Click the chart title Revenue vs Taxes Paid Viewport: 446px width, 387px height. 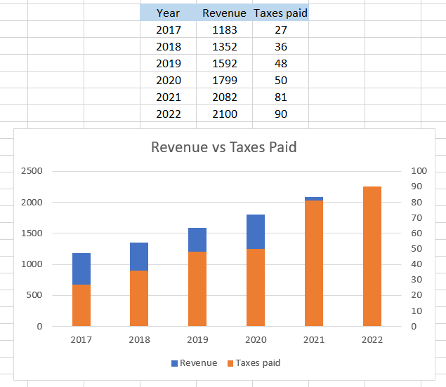click(223, 147)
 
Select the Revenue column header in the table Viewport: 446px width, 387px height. click(224, 13)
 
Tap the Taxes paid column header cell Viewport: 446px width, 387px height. click(280, 13)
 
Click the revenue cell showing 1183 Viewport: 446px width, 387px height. click(224, 30)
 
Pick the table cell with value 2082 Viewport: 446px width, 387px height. click(224, 97)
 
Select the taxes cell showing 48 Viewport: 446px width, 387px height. click(280, 64)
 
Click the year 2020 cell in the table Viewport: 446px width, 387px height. click(168, 81)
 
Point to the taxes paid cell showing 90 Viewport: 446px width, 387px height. click(280, 114)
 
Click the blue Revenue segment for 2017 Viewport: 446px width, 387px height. click(81, 269)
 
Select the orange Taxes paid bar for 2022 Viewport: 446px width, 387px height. click(372, 256)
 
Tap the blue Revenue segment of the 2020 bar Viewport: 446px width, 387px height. click(256, 231)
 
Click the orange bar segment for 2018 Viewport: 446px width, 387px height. click(139, 298)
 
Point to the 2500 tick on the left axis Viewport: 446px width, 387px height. click(32, 171)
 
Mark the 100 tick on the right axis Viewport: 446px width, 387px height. click(419, 171)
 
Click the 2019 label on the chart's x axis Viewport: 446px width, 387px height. click(197, 341)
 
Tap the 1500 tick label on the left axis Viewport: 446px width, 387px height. click(32, 233)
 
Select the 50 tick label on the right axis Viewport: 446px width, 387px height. click(417, 249)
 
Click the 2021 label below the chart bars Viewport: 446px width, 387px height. click(314, 341)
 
